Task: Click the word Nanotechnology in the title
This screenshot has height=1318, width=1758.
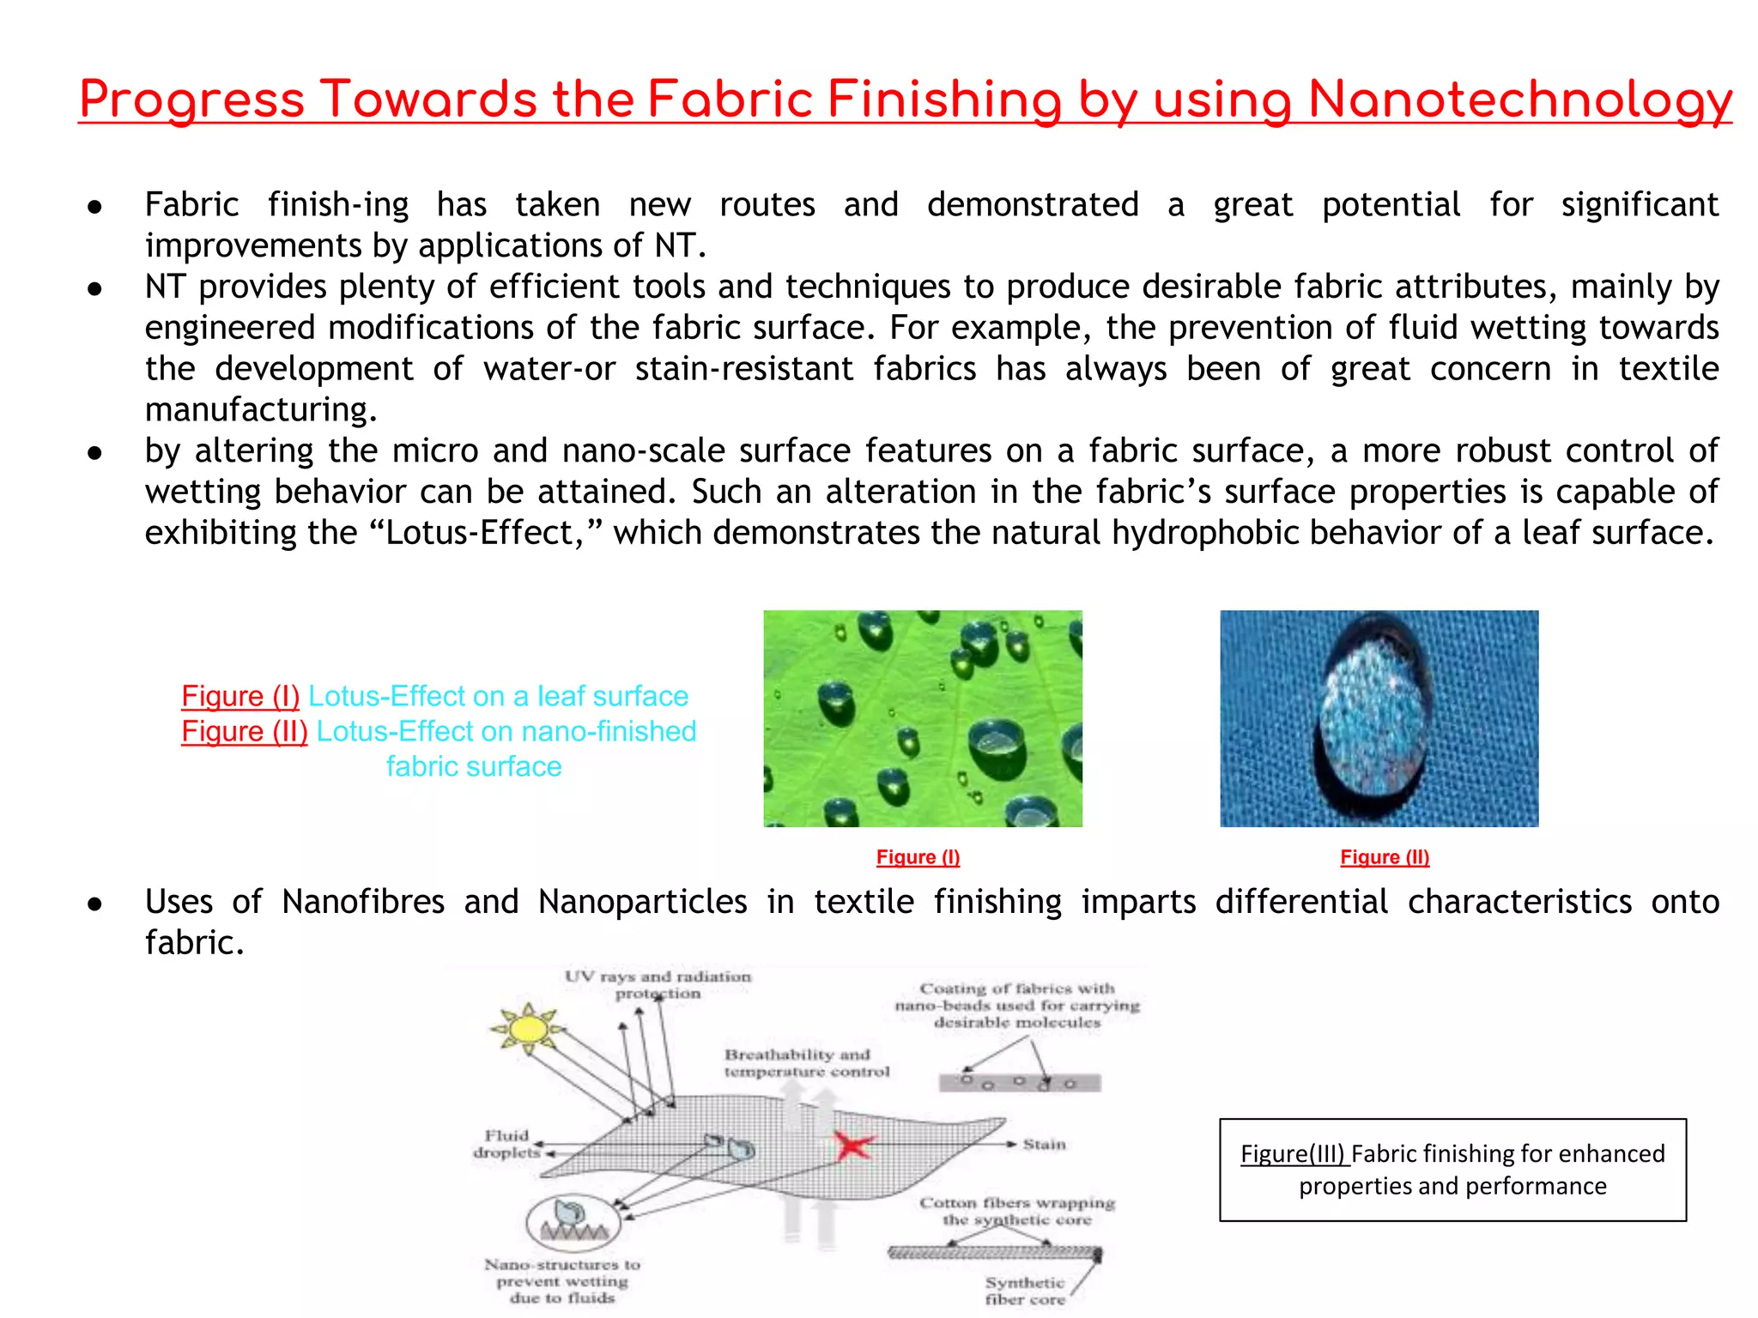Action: pos(1519,100)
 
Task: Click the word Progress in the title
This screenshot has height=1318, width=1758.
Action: pos(191,100)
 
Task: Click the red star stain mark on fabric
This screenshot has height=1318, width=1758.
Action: pos(852,1146)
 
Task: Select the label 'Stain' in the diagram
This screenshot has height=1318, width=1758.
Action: pos(1044,1145)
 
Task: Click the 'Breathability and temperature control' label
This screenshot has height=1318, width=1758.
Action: pos(806,1063)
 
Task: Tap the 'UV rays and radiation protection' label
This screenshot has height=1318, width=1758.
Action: pos(658,984)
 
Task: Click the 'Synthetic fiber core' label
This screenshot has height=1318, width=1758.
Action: pos(1025,1291)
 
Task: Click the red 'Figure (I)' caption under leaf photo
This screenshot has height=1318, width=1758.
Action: pos(918,857)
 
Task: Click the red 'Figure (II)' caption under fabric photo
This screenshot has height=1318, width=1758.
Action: pos(1384,857)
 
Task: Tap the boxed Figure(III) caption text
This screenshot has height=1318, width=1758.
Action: pos(1452,1170)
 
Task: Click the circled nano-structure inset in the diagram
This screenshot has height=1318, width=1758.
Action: pos(573,1222)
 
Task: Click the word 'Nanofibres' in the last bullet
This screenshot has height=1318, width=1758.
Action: pos(362,902)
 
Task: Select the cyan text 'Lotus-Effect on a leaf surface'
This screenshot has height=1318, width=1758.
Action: pos(498,696)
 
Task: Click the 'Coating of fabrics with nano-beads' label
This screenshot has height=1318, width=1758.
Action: pos(1016,1005)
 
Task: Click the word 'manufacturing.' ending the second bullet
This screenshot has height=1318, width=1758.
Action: pos(261,410)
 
